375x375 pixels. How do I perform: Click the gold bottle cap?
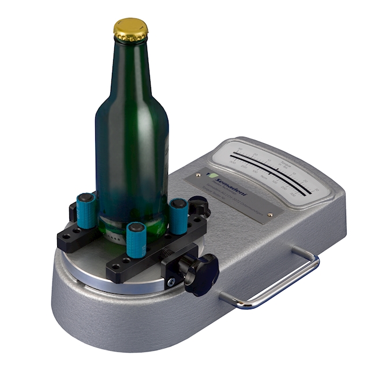[130, 29]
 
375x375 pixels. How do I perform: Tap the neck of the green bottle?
[131, 63]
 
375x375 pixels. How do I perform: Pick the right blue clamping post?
[178, 215]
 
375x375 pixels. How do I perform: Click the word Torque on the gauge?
[281, 163]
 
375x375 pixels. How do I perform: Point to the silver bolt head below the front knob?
[171, 282]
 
